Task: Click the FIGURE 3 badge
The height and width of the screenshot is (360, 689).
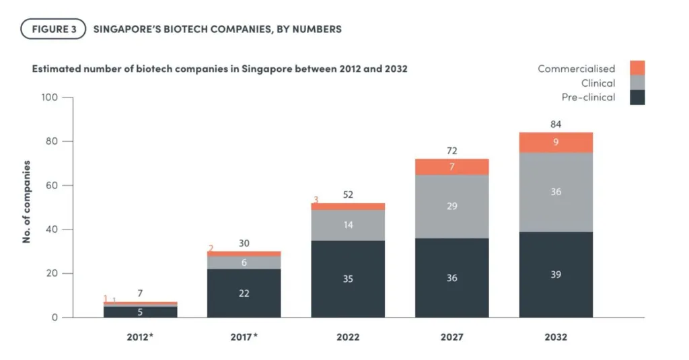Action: tap(54, 29)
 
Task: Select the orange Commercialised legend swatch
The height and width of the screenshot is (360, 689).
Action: tap(637, 68)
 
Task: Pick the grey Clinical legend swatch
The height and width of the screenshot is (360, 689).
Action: tap(637, 83)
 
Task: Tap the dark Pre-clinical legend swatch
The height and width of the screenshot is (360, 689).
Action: tap(637, 98)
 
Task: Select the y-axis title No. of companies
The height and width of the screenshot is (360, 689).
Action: tap(27, 201)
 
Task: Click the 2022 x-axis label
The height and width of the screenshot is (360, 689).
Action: tap(348, 337)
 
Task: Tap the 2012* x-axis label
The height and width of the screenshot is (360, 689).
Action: tap(140, 337)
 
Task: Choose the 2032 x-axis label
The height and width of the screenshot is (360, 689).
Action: tap(556, 337)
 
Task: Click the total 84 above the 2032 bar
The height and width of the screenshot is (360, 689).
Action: tap(556, 124)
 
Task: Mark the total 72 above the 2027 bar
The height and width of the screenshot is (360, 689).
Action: tap(451, 151)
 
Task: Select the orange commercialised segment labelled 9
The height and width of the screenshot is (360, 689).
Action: tap(556, 142)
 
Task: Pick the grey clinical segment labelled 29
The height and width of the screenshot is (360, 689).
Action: tap(451, 206)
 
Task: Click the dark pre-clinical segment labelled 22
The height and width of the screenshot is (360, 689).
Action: tap(244, 293)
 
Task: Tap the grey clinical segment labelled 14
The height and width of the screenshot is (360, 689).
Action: tap(348, 225)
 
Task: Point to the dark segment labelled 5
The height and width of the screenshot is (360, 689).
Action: tap(140, 312)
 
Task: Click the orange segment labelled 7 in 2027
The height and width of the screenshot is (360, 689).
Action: tap(451, 166)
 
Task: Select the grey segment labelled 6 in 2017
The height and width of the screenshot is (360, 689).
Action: tap(244, 262)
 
